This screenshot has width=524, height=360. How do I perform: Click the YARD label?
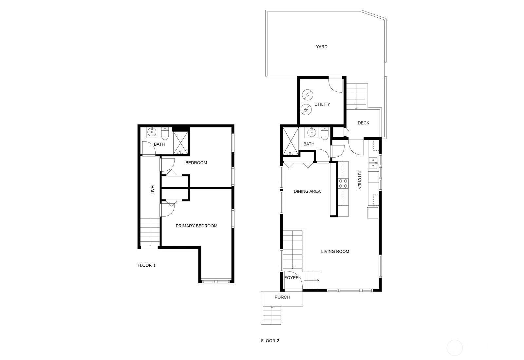pos(322,47)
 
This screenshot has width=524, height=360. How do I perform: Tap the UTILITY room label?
pos(322,104)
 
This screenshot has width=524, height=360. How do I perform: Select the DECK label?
pos(363,123)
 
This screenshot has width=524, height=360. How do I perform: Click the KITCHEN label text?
pos(359,180)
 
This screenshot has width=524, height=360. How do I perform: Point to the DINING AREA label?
pos(307,192)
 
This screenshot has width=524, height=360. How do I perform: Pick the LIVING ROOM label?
pos(335,252)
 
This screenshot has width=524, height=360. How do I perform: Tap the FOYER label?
pos(291,278)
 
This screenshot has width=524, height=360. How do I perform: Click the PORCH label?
pos(282,297)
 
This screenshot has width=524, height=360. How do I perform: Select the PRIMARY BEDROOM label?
pos(196,226)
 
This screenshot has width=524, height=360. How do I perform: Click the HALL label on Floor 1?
pos(152,190)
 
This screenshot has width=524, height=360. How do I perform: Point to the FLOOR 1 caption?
pos(146,265)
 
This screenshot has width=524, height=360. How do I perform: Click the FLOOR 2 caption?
pos(270,341)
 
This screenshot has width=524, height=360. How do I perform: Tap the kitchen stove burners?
pos(343,183)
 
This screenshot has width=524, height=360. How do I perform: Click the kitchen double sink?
pos(373,163)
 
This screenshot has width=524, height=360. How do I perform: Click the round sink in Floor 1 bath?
pos(152,133)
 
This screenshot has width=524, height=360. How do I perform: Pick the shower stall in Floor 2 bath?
pos(290,142)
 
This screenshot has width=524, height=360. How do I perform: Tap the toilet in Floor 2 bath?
pos(325,134)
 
